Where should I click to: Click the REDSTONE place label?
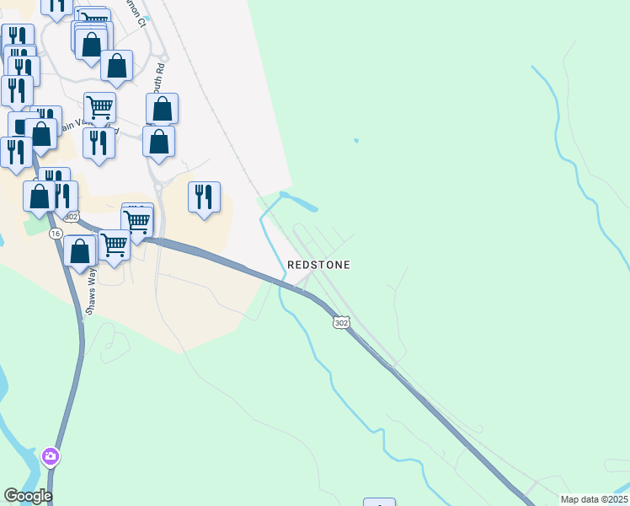pos(318,265)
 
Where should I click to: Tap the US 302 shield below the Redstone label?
pos(340,323)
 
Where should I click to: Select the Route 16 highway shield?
pos(56,233)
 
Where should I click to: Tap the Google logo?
pos(28,496)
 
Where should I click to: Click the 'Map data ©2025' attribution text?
pos(593,499)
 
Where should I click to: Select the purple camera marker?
pos(51,457)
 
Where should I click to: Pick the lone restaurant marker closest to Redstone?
pos(204,196)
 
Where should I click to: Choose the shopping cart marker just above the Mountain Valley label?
pos(99,107)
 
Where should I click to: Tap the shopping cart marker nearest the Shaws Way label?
pos(114,245)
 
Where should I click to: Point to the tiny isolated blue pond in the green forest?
pos(356,140)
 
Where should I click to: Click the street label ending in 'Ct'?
pos(140,19)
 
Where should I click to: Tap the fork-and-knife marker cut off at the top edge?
pos(56,5)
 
